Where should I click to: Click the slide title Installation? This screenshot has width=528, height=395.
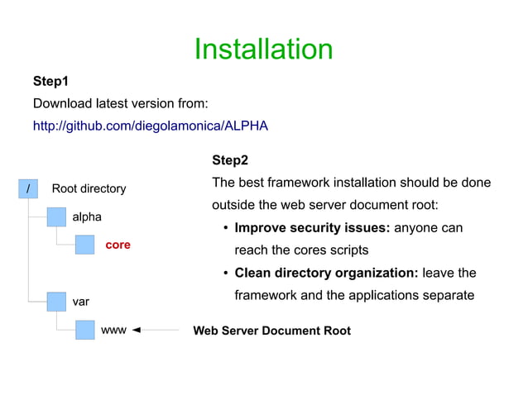point(263,50)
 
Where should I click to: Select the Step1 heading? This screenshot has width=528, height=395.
point(50,82)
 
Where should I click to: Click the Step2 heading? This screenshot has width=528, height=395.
point(230,159)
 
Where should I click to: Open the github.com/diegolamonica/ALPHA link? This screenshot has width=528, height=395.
point(151,126)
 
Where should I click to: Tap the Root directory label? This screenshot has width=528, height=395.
point(89,188)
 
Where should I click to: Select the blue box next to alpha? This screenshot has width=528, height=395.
point(56,217)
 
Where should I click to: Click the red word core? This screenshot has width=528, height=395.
point(118,245)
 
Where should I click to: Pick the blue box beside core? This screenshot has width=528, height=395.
point(85,245)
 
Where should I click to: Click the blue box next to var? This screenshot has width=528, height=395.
point(56,302)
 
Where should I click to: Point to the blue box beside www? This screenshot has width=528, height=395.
point(85,330)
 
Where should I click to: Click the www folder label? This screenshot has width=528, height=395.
point(113,331)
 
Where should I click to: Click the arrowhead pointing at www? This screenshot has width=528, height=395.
point(137,331)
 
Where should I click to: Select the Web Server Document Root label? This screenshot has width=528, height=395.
point(271,331)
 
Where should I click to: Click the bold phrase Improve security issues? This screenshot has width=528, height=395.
point(312,227)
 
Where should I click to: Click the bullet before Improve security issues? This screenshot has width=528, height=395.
point(226,228)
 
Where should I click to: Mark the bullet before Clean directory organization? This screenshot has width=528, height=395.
point(226,274)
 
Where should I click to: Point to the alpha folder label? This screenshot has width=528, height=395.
point(87,217)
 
